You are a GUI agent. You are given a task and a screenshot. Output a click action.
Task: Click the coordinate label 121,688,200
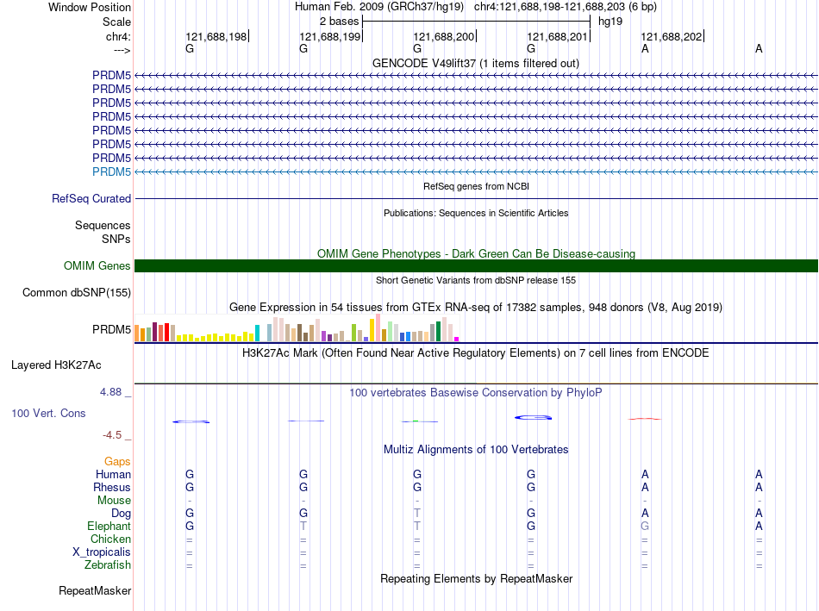(x=444, y=36)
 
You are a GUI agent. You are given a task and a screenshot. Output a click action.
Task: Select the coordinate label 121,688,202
(x=672, y=36)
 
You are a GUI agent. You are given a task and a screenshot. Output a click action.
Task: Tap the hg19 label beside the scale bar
(x=610, y=21)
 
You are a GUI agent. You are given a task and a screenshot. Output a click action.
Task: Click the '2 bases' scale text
(x=339, y=21)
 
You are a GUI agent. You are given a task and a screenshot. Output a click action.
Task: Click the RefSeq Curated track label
(x=91, y=198)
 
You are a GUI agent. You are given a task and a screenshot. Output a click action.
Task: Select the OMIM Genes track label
(x=97, y=266)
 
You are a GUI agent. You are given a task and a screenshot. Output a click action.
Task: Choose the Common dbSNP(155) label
(x=77, y=293)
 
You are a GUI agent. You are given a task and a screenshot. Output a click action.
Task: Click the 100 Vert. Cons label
(x=48, y=414)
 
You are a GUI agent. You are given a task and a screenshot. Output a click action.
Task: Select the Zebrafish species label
(x=108, y=565)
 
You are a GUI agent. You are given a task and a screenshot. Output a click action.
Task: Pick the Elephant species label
(x=109, y=526)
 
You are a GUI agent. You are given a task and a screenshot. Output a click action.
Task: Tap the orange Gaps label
(x=117, y=462)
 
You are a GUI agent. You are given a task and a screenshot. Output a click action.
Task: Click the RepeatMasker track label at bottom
(x=95, y=591)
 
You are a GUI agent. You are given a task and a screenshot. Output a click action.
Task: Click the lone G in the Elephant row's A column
(x=645, y=526)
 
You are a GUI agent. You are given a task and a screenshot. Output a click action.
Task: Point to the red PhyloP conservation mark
(x=645, y=419)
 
